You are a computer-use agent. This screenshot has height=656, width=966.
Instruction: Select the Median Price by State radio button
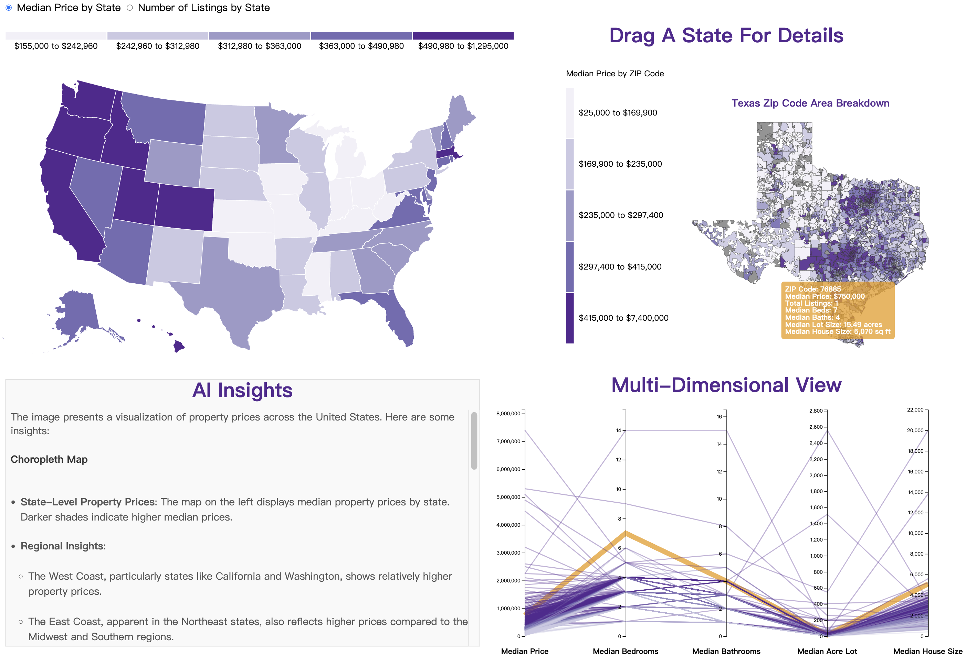click(x=9, y=8)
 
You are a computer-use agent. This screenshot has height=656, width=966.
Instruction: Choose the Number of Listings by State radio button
click(x=130, y=8)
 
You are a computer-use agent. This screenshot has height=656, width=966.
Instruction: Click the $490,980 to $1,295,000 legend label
click(x=463, y=46)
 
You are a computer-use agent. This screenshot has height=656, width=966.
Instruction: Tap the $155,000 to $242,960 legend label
click(x=56, y=46)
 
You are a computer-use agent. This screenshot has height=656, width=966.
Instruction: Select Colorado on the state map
click(x=185, y=208)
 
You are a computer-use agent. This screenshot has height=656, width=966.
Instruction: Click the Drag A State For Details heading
click(x=726, y=35)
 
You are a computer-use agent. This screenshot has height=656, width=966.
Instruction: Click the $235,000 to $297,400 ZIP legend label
click(x=621, y=215)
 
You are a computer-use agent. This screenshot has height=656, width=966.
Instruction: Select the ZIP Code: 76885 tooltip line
click(x=812, y=289)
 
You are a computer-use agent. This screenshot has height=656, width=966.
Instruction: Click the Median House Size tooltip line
click(x=837, y=331)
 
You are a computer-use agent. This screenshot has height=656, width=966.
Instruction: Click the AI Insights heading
click(x=242, y=390)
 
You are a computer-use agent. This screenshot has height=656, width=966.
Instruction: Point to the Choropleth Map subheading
click(x=49, y=459)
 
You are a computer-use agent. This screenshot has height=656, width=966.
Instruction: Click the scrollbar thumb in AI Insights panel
click(x=474, y=440)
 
